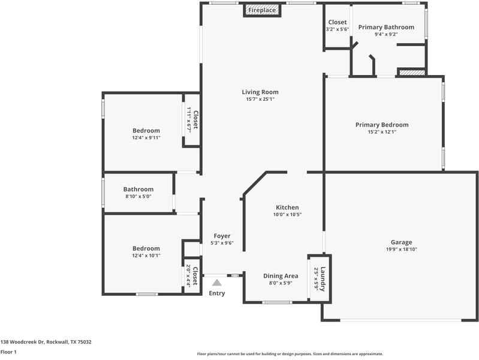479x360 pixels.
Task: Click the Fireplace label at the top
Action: coord(262,10)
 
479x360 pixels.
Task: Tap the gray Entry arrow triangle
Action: coord(217,283)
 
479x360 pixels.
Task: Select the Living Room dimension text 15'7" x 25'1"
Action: coord(260,99)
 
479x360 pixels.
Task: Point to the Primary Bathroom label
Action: coord(386,27)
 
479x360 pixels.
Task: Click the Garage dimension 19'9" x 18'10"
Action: coord(402,249)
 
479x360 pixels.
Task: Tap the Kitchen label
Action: coord(287,208)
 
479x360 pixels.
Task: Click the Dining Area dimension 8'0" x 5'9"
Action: coord(281,283)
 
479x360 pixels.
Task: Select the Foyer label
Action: coord(222,236)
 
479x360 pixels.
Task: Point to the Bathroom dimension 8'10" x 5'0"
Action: coord(138,196)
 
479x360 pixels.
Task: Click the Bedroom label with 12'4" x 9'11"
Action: coord(146,131)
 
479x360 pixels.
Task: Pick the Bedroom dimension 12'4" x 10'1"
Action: coord(146,256)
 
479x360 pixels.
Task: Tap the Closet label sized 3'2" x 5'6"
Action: coord(338,22)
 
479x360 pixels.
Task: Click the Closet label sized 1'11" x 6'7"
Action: coord(195,119)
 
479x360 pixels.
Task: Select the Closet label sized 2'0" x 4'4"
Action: coord(195,276)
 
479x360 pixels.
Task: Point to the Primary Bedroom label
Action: coord(382,125)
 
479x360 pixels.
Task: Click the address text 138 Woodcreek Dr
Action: coord(23,342)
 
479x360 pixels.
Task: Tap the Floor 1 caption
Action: coord(8,352)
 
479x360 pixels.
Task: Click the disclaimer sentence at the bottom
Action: coord(290,354)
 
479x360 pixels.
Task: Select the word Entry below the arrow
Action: coord(217,293)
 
